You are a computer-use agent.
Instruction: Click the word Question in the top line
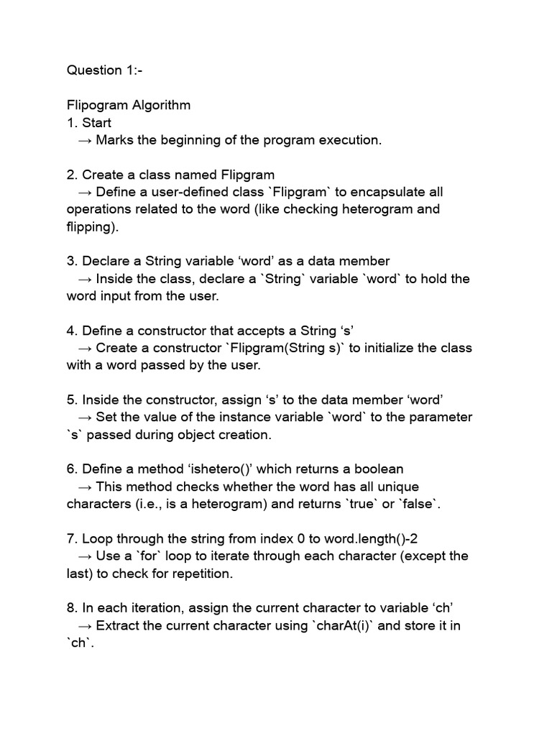tap(94, 70)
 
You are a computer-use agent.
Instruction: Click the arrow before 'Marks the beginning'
tap(85, 140)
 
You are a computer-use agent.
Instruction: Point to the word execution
tap(348, 140)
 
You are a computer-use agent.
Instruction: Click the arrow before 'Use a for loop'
tap(85, 556)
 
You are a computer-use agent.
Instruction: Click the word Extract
tap(118, 625)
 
